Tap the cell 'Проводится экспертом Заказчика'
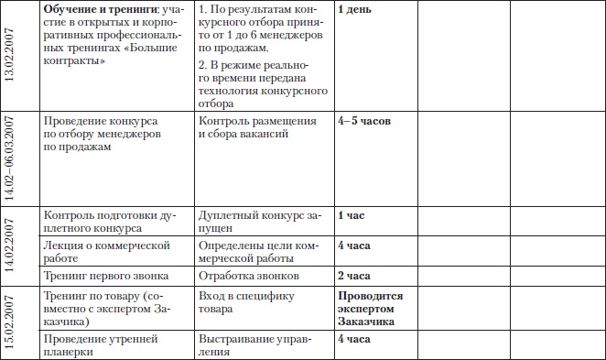point(370,309)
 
